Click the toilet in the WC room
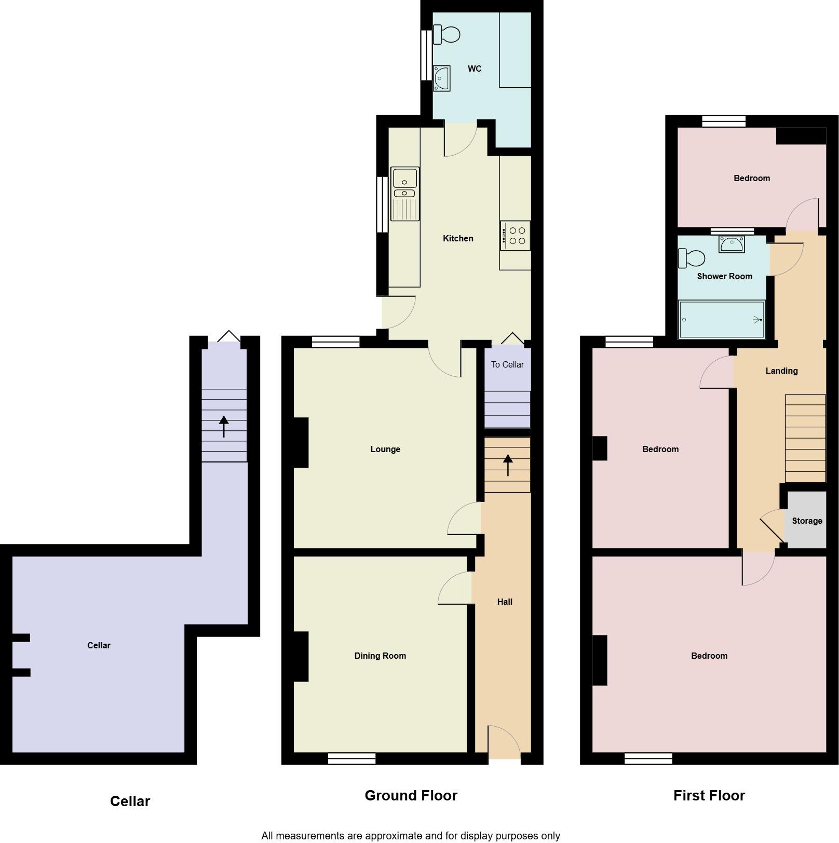click(x=446, y=35)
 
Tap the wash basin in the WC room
click(x=442, y=78)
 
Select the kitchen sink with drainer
click(x=404, y=194)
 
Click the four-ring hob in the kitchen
click(x=515, y=236)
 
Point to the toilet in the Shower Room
click(x=692, y=257)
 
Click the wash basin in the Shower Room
click(x=732, y=243)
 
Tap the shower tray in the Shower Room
click(x=722, y=319)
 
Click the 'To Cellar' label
click(x=507, y=364)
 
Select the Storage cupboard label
click(x=807, y=521)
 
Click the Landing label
click(x=781, y=371)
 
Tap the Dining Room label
click(x=380, y=656)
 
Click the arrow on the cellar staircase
click(x=224, y=426)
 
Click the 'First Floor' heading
click(x=709, y=795)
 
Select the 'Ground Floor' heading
click(x=411, y=795)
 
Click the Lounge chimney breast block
click(x=301, y=442)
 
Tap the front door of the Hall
click(x=504, y=742)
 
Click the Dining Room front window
click(x=351, y=758)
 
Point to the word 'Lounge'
click(x=385, y=449)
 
